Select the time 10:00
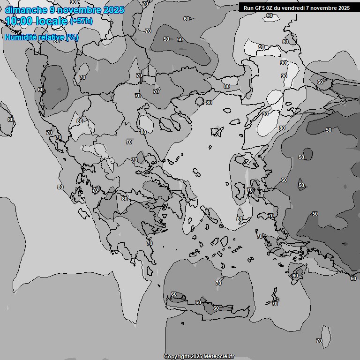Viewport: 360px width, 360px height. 19,21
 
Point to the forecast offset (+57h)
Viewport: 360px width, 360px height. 81,22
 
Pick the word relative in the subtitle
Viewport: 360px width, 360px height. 51,37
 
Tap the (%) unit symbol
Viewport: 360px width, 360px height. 72,37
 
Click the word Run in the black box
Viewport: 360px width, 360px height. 248,8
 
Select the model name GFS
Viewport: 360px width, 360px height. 260,8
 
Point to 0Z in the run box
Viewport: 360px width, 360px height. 270,8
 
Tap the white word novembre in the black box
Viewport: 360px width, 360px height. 323,8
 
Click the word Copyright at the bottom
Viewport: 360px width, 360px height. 176,357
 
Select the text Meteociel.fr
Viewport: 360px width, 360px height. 219,357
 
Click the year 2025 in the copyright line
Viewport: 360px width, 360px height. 196,357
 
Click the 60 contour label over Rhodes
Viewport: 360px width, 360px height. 295,276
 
